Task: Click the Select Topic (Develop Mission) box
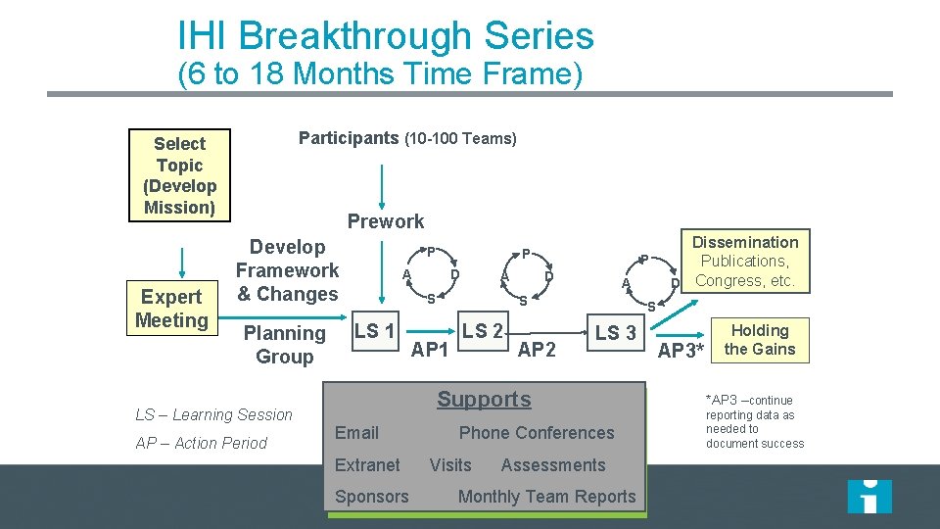pyautogui.click(x=179, y=174)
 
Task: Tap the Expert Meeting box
pyautogui.click(x=171, y=309)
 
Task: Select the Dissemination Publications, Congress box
pyautogui.click(x=745, y=262)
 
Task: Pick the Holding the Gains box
pyautogui.click(x=760, y=339)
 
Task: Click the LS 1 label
pyautogui.click(x=374, y=331)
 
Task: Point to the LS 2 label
pyautogui.click(x=483, y=331)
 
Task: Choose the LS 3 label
pyautogui.click(x=615, y=333)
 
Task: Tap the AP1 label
pyautogui.click(x=430, y=350)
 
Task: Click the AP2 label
pyautogui.click(x=537, y=350)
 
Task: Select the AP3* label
pyautogui.click(x=681, y=351)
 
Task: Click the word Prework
pyautogui.click(x=386, y=221)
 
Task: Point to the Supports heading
pyautogui.click(x=484, y=399)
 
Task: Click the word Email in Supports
pyautogui.click(x=356, y=433)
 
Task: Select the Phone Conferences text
pyautogui.click(x=537, y=433)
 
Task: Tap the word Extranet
pyautogui.click(x=367, y=465)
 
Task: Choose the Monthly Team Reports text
pyautogui.click(x=546, y=497)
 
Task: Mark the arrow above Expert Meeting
pyautogui.click(x=180, y=262)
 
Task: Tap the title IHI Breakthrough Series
pyautogui.click(x=386, y=36)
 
